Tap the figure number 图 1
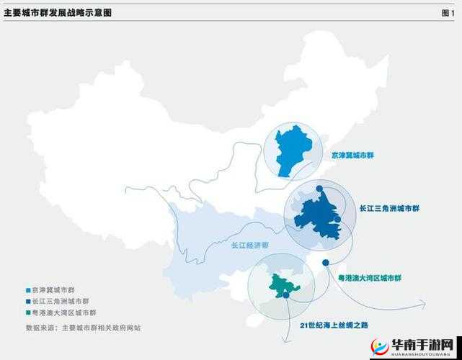[448, 13]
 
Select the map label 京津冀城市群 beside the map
[353, 156]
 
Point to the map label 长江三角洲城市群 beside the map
[389, 209]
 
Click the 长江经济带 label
[249, 246]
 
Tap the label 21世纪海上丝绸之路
[334, 325]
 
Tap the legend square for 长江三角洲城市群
[28, 302]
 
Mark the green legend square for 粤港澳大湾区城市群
[28, 313]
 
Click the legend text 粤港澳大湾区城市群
[64, 313]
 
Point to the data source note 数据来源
[83, 328]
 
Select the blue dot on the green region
[287, 295]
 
